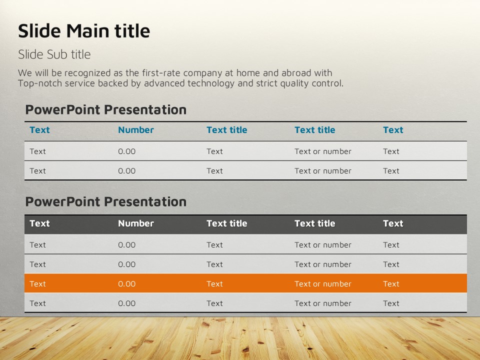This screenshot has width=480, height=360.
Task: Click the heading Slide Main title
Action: pyautogui.click(x=84, y=31)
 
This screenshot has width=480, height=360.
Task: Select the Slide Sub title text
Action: pyautogui.click(x=54, y=54)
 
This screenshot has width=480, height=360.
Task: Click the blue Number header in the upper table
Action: pyautogui.click(x=136, y=130)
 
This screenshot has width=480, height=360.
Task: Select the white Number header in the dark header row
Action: pyautogui.click(x=136, y=223)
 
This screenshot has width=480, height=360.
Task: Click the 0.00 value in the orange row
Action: pyautogui.click(x=126, y=284)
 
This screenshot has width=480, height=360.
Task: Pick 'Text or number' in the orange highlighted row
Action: pyautogui.click(x=323, y=284)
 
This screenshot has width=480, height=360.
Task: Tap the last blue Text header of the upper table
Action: pyautogui.click(x=393, y=130)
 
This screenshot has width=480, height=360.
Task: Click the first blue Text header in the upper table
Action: pyautogui.click(x=39, y=130)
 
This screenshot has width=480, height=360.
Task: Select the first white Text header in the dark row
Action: pyautogui.click(x=39, y=223)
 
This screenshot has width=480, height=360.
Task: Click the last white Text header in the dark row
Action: pyautogui.click(x=393, y=223)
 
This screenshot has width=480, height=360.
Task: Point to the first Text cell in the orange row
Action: pyautogui.click(x=37, y=284)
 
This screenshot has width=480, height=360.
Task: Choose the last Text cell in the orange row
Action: pyautogui.click(x=391, y=284)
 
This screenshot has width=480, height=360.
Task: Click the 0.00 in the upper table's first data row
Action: pyautogui.click(x=126, y=151)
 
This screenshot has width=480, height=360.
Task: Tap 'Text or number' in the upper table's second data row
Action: pyautogui.click(x=323, y=171)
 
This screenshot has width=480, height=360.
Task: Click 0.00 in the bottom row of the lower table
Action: pyautogui.click(x=126, y=303)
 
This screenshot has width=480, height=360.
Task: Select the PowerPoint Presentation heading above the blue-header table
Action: pyautogui.click(x=106, y=109)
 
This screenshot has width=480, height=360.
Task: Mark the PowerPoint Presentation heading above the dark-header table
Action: pyautogui.click(x=106, y=201)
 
